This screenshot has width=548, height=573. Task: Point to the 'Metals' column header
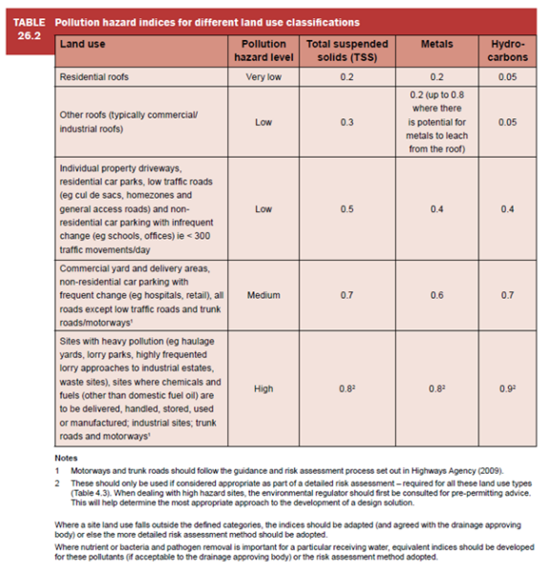435,44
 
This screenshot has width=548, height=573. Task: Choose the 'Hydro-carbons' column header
507,51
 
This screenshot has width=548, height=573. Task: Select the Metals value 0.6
435,296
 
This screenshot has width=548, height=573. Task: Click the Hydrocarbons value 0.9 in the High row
507,390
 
